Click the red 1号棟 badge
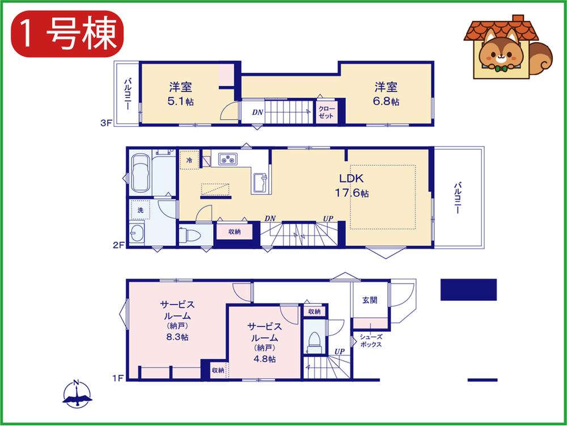[67, 34]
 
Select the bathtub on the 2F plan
[140, 174]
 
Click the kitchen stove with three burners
[228, 159]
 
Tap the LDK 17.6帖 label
[352, 186]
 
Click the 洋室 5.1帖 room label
[180, 94]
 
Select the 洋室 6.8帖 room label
[386, 94]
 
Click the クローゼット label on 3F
[327, 112]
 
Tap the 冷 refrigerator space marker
[189, 160]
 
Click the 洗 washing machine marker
[140, 210]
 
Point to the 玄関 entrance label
[370, 300]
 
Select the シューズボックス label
[371, 341]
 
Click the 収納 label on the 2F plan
[234, 232]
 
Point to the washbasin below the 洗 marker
[137, 233]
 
